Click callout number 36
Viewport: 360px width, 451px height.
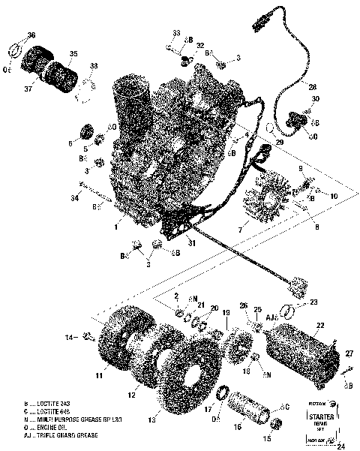pos(31,35)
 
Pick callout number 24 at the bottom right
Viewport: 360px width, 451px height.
pos(342,446)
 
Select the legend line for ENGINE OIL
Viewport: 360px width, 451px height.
pos(49,427)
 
